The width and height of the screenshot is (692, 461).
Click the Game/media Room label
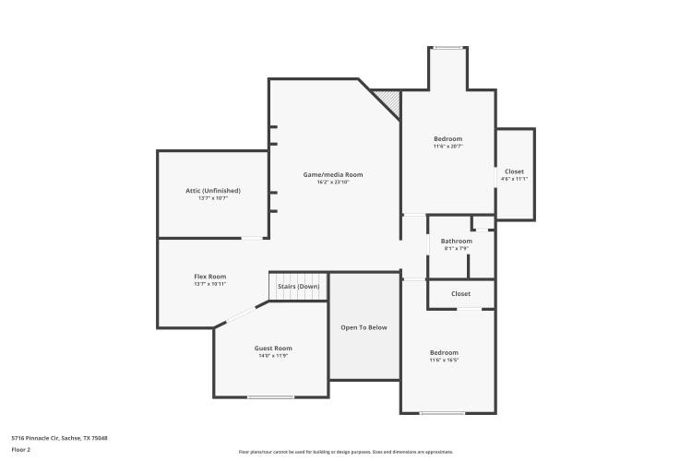click(333, 174)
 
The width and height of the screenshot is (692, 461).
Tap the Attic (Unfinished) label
click(212, 190)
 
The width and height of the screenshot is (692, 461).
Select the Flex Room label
click(209, 277)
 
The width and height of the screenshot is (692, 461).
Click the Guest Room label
click(273, 348)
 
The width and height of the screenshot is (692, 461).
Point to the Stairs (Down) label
click(298, 287)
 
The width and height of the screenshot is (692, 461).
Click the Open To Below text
click(364, 327)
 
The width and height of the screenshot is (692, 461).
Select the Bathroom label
click(456, 241)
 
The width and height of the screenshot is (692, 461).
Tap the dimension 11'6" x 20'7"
click(447, 147)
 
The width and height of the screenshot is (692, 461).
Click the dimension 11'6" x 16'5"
click(443, 361)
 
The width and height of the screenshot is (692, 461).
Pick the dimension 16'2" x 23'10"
click(333, 183)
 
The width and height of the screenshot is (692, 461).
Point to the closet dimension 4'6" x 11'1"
click(514, 179)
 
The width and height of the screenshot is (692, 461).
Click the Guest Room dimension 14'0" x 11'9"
click(273, 356)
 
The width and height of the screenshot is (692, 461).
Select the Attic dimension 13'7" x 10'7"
click(212, 198)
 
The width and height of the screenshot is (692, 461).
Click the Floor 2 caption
click(21, 449)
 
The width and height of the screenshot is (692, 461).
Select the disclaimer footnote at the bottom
click(346, 452)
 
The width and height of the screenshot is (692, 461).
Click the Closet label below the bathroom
click(460, 293)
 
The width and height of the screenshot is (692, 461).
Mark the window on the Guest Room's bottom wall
click(270, 397)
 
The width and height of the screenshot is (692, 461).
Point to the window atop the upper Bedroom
click(448, 47)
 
